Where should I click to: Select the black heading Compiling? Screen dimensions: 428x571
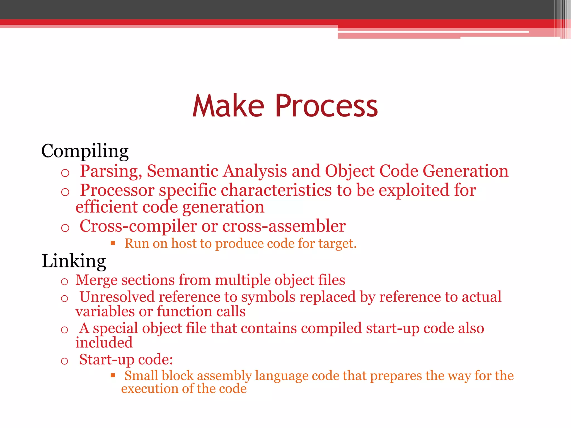click(85, 151)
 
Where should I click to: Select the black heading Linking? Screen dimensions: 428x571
click(74, 261)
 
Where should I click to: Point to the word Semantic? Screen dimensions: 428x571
click(182, 171)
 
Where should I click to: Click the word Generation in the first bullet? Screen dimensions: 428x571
click(465, 171)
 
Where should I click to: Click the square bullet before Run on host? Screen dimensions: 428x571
click(113, 243)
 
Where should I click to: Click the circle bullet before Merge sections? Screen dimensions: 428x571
click(64, 282)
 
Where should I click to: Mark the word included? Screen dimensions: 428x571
click(104, 343)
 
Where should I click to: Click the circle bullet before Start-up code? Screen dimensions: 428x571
click(64, 361)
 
